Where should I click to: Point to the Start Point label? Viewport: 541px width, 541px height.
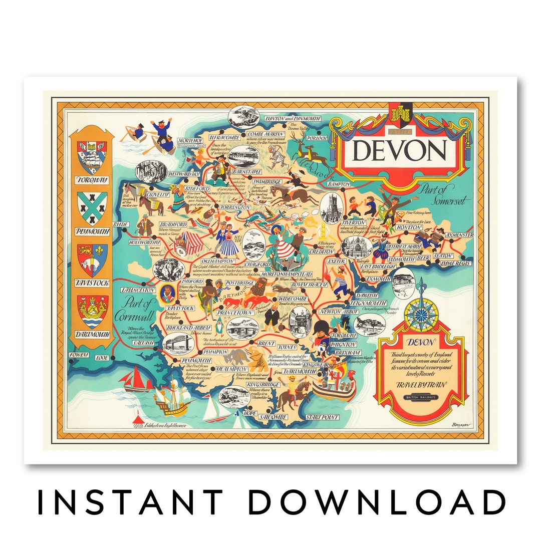(x=322, y=417)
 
